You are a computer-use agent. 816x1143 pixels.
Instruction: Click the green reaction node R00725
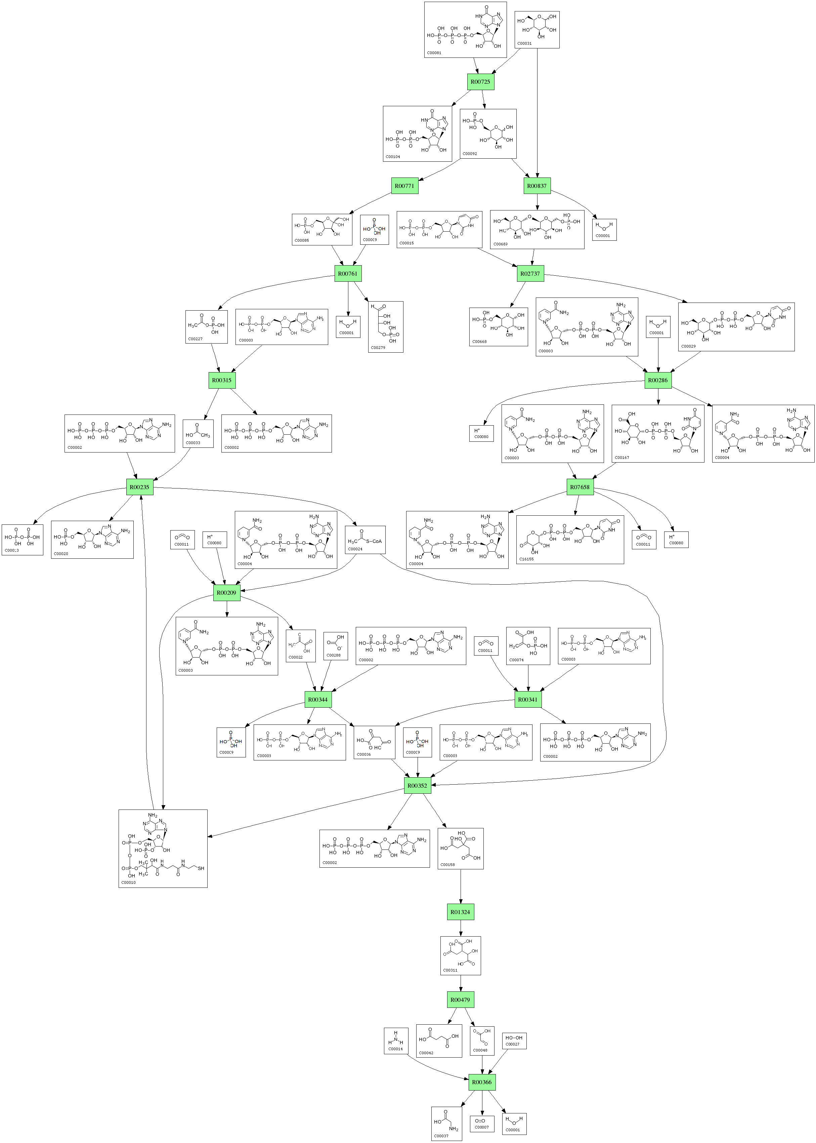tap(480, 81)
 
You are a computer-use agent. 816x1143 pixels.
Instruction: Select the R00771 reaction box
tap(404, 186)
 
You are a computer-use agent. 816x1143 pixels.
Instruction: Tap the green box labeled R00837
tap(536, 186)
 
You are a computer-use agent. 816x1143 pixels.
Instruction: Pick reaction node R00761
tap(348, 274)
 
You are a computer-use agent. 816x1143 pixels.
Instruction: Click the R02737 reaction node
tap(530, 274)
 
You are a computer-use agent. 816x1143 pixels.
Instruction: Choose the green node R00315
tap(222, 380)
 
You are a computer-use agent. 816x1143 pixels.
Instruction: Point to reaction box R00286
tap(658, 380)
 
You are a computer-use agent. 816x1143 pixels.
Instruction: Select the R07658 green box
tap(579, 487)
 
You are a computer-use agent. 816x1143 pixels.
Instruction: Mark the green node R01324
tap(460, 912)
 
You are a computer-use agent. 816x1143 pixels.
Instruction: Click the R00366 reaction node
tap(482, 1082)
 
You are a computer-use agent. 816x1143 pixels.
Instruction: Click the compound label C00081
tap(434, 52)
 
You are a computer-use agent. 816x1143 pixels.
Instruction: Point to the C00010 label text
tap(129, 882)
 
